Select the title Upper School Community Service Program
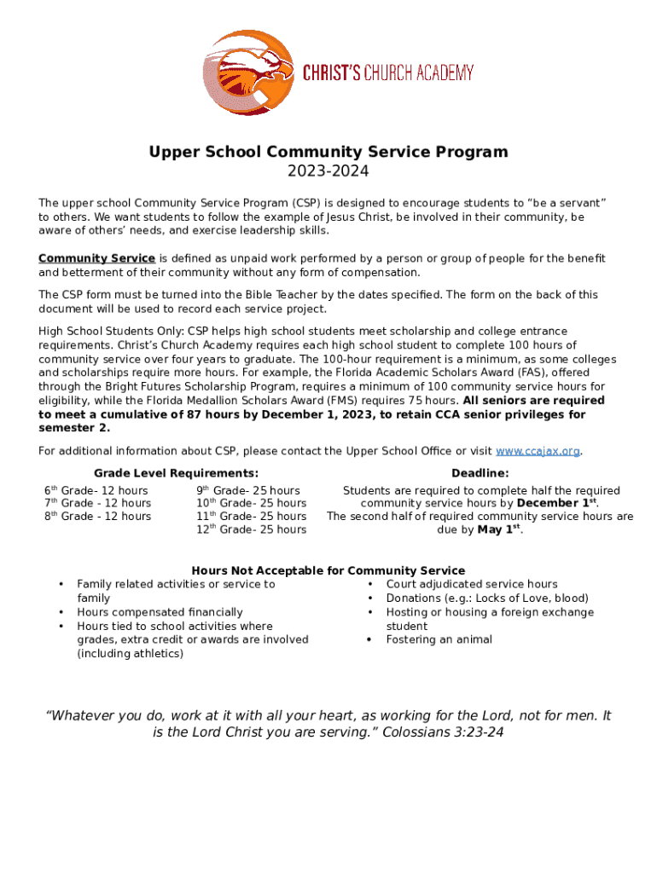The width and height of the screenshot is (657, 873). [x=328, y=152]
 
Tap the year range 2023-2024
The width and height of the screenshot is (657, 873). [x=328, y=171]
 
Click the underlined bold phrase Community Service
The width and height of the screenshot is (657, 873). [x=96, y=258]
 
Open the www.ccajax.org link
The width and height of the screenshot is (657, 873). [x=538, y=451]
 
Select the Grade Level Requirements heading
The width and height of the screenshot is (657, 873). [x=176, y=473]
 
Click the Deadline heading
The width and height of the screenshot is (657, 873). [x=480, y=473]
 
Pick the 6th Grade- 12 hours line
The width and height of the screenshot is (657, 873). [x=96, y=491]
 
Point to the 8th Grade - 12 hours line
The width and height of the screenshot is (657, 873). [x=97, y=517]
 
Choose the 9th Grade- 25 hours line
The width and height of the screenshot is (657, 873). [x=248, y=491]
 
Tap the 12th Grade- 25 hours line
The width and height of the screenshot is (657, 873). [x=251, y=529]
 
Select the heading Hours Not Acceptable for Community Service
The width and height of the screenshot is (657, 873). [x=328, y=570]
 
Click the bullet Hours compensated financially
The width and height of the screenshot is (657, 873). [x=160, y=612]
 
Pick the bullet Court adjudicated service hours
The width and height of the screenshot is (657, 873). [x=472, y=584]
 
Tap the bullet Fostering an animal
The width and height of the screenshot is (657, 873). [x=439, y=639]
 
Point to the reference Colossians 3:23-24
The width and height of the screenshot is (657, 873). [x=443, y=732]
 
